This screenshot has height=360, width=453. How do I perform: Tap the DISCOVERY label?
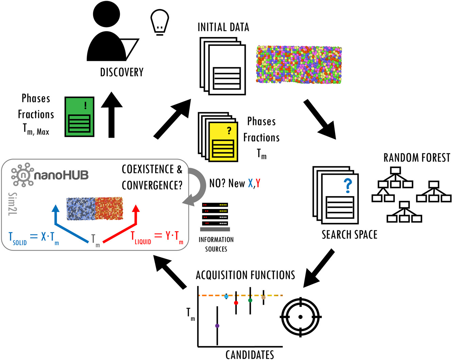tap(122, 72)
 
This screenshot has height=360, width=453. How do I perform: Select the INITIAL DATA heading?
tap(223, 27)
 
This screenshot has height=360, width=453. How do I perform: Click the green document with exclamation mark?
tap(80, 117)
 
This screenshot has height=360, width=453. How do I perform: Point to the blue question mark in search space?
tap(347, 186)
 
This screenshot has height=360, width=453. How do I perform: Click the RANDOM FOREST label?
tap(417, 158)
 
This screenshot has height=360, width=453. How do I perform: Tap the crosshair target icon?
tap(300, 317)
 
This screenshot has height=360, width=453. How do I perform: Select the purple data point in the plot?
tap(217, 326)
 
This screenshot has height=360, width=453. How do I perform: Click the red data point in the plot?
tap(236, 303)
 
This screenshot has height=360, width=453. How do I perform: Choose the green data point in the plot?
tap(250, 300)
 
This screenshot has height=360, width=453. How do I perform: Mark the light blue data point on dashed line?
tap(226, 296)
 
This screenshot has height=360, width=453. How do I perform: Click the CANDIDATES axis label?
tap(249, 354)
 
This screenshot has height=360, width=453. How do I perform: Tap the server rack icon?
tap(215, 217)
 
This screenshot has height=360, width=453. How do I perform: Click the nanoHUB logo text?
tap(61, 175)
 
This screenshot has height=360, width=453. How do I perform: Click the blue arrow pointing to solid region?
tap(68, 226)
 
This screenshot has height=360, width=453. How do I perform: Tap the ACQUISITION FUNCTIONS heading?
tap(245, 275)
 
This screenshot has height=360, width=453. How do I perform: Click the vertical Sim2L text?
tap(13, 204)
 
